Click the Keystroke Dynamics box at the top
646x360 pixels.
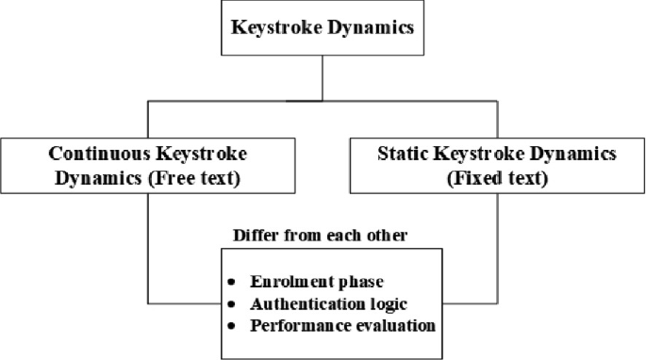click(323, 27)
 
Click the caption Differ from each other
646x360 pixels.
click(321, 235)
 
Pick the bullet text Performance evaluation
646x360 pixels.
click(342, 326)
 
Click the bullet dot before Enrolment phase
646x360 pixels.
click(232, 283)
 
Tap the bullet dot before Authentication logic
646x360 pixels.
click(232, 304)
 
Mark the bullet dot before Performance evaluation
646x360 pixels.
click(232, 327)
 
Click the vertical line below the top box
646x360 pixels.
click(323, 77)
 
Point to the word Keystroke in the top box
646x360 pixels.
click(273, 27)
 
